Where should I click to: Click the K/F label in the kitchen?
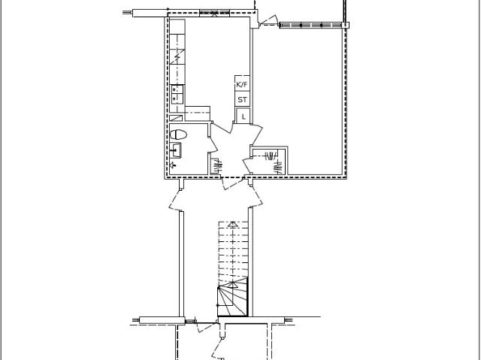point(242,84)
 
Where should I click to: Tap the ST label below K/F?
point(242,100)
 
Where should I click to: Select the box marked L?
point(243,116)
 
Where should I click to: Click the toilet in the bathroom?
point(179,135)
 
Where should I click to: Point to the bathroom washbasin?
point(176,150)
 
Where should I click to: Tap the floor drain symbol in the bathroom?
point(174,165)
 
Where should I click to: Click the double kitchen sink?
point(177,94)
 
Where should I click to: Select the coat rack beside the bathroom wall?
point(216,166)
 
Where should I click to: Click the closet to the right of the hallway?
point(269,162)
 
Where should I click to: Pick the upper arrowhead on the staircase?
point(233,225)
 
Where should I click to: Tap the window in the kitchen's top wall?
point(214,13)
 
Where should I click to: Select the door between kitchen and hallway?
point(222,128)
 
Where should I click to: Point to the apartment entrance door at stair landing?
point(232,183)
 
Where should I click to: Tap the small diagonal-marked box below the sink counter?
point(176,118)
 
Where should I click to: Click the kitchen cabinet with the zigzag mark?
point(177,56)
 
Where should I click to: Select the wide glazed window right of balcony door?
point(310,25)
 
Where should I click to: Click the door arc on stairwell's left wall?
point(174,200)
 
